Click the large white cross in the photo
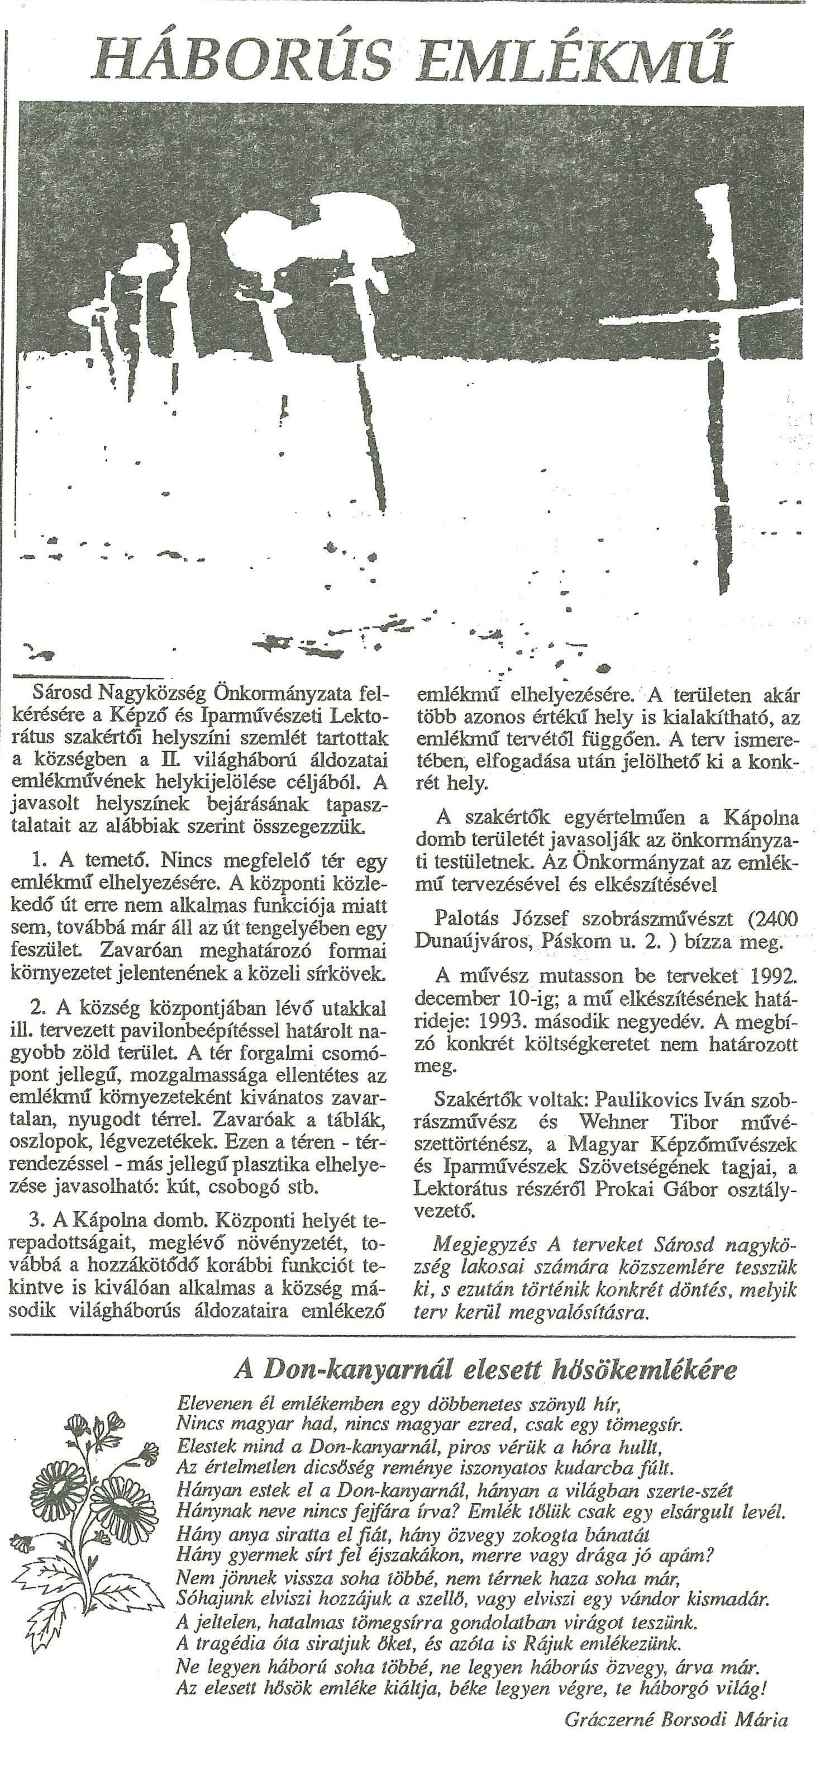714,323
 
